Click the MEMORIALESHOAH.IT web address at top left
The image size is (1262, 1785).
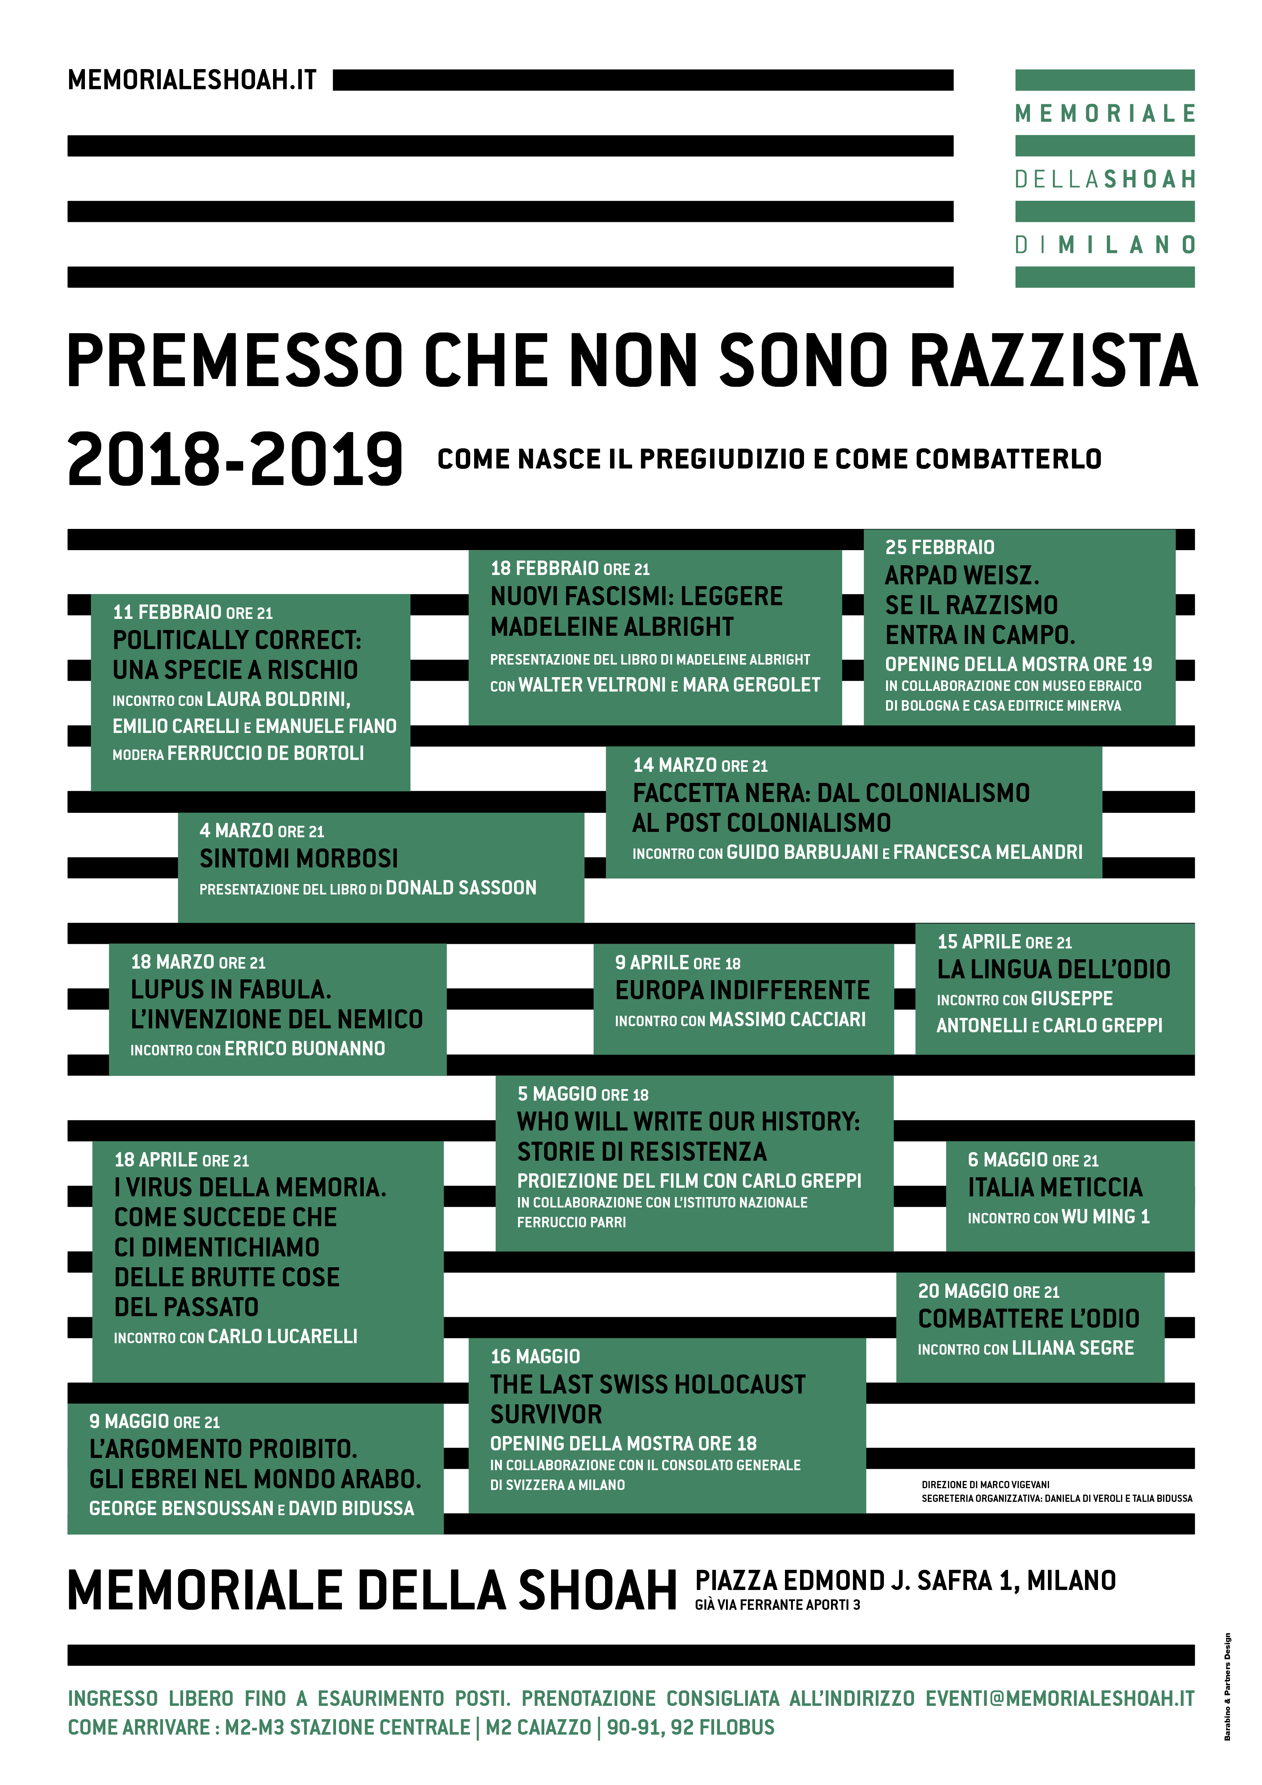point(192,80)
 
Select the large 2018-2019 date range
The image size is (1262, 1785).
point(235,460)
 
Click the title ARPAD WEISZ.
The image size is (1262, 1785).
point(961,575)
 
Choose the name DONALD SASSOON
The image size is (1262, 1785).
point(461,888)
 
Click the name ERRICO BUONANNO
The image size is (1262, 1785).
point(305,1049)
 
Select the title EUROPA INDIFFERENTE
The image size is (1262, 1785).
point(742,991)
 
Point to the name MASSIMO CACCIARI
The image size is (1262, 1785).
point(787,1019)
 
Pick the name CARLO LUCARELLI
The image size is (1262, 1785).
point(283,1336)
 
